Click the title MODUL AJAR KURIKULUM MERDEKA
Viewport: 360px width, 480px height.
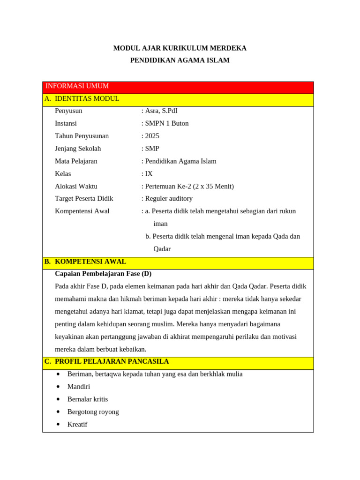180,48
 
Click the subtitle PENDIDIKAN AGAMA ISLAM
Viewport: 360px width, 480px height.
180,60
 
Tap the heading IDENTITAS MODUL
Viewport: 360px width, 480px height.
87,99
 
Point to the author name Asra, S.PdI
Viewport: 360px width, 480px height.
161,111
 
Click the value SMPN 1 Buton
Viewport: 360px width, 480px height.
167,124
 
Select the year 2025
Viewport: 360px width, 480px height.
152,136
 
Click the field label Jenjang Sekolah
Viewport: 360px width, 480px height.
78,149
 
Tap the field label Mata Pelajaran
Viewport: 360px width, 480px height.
76,161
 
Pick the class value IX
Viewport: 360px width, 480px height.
149,174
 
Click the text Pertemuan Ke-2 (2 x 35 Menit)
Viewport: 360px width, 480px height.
189,187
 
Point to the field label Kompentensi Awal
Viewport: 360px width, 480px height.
82,211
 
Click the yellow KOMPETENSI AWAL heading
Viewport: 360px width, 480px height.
90,262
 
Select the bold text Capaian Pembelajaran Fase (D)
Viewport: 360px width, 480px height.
103,274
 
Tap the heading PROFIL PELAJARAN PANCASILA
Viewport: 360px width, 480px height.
112,362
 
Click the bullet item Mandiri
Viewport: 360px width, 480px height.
79,387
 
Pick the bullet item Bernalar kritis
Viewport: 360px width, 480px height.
88,399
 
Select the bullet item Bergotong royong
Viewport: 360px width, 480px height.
93,412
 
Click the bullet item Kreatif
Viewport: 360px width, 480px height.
77,425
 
